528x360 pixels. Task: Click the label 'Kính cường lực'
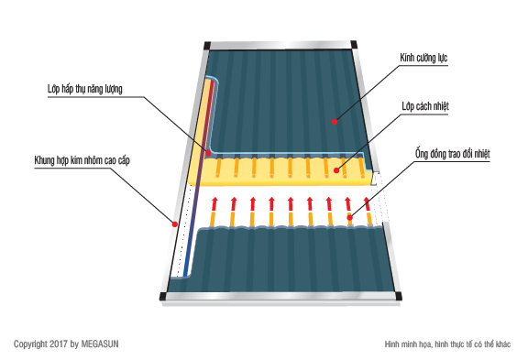click(x=423, y=58)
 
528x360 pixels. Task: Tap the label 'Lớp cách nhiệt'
click(x=425, y=106)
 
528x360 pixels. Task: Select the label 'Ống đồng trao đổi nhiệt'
click(x=452, y=154)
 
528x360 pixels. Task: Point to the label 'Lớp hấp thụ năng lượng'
click(x=85, y=89)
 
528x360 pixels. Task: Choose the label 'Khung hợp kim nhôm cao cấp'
click(x=82, y=160)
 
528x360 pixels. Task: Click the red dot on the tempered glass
click(x=335, y=122)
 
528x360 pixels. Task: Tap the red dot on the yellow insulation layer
click(x=336, y=170)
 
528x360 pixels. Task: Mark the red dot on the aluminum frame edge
click(x=175, y=224)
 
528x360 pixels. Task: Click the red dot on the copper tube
click(x=350, y=218)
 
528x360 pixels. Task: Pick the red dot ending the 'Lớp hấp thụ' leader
click(x=208, y=153)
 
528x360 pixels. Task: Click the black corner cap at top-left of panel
click(x=207, y=46)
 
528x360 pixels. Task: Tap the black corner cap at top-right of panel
click(x=354, y=44)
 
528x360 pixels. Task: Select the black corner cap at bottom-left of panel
click(x=163, y=297)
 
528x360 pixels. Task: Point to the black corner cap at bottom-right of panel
click(x=399, y=296)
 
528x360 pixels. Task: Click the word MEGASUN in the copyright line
click(x=100, y=344)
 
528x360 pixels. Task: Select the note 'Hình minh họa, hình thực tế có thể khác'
click(x=447, y=344)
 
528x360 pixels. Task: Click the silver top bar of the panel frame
click(x=280, y=46)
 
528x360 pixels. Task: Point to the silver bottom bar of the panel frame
click(x=280, y=297)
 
